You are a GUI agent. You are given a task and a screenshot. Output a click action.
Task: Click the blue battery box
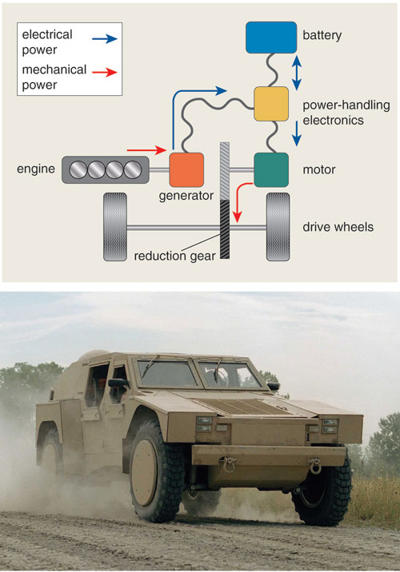pyautogui.click(x=271, y=38)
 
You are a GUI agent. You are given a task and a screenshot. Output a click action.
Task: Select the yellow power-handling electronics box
pyautogui.click(x=271, y=104)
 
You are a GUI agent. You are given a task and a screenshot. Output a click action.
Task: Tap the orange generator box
pyautogui.click(x=186, y=169)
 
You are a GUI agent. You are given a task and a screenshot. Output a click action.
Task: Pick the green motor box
pyautogui.click(x=271, y=169)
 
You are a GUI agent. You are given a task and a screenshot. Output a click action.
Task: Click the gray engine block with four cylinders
pyautogui.click(x=106, y=169)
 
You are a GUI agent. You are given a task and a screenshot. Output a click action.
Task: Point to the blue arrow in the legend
pyautogui.click(x=105, y=38)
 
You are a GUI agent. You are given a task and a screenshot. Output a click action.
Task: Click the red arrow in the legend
pyautogui.click(x=105, y=72)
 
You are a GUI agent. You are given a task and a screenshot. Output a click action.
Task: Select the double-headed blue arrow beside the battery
pyautogui.click(x=297, y=73)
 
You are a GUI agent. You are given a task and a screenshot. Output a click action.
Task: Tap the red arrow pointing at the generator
pyautogui.click(x=146, y=149)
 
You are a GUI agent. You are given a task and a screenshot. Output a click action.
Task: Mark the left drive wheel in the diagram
pyautogui.click(x=115, y=227)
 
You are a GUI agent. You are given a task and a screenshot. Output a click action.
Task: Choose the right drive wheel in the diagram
pyautogui.click(x=278, y=227)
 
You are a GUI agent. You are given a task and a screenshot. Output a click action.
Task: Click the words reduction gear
pyautogui.click(x=174, y=256)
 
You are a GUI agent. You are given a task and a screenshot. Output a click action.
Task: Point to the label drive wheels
pyautogui.click(x=338, y=227)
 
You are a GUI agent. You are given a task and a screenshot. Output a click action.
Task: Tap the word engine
pyautogui.click(x=36, y=169)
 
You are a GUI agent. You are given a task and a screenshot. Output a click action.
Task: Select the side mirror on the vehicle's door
pyautogui.click(x=118, y=383)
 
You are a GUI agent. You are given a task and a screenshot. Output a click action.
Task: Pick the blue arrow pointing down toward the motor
pyautogui.click(x=297, y=133)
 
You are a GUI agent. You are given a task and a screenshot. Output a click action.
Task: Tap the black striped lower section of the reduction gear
pyautogui.click(x=225, y=229)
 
